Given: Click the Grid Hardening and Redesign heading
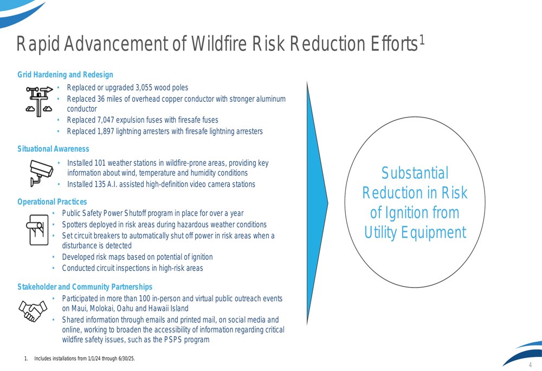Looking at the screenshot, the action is (x=66, y=75).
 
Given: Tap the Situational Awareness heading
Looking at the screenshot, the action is (x=53, y=149).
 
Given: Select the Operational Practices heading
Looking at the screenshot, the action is (x=52, y=201).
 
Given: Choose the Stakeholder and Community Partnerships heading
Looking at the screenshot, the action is (x=85, y=287).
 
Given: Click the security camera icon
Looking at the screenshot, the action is (x=41, y=173).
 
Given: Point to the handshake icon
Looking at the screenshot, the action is (x=33, y=311).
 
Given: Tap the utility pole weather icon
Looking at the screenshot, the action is (x=38, y=102).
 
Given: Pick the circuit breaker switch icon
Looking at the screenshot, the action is (x=37, y=230).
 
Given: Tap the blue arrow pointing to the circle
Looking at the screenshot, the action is (x=317, y=203).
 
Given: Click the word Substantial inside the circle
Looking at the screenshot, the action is (x=415, y=173).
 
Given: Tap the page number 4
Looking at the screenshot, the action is (x=530, y=365).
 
